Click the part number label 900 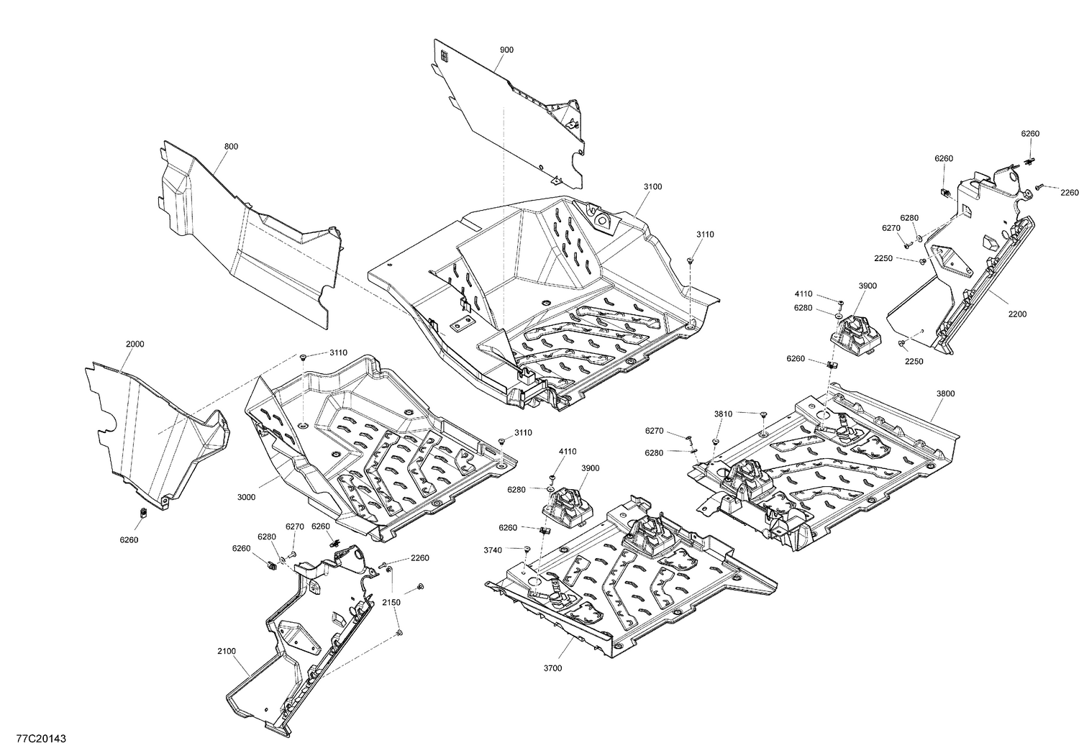pyautogui.click(x=506, y=50)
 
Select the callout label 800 pyautogui.click(x=231, y=147)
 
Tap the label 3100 pyautogui.click(x=652, y=186)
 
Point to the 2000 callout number pyautogui.click(x=135, y=344)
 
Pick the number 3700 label pyautogui.click(x=553, y=668)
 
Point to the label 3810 pyautogui.click(x=723, y=414)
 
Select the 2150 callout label pyautogui.click(x=391, y=601)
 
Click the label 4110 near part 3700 pyautogui.click(x=568, y=452)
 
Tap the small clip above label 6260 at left pyautogui.click(x=142, y=513)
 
